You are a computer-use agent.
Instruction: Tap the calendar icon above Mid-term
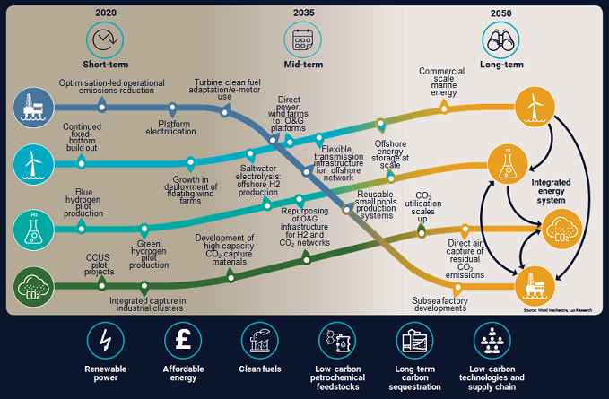pyautogui.click(x=303, y=39)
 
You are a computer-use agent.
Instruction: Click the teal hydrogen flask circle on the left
pyautogui.click(x=32, y=228)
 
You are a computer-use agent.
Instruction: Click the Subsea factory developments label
pyautogui.click(x=439, y=303)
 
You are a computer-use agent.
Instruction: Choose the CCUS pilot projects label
pyautogui.click(x=98, y=264)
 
